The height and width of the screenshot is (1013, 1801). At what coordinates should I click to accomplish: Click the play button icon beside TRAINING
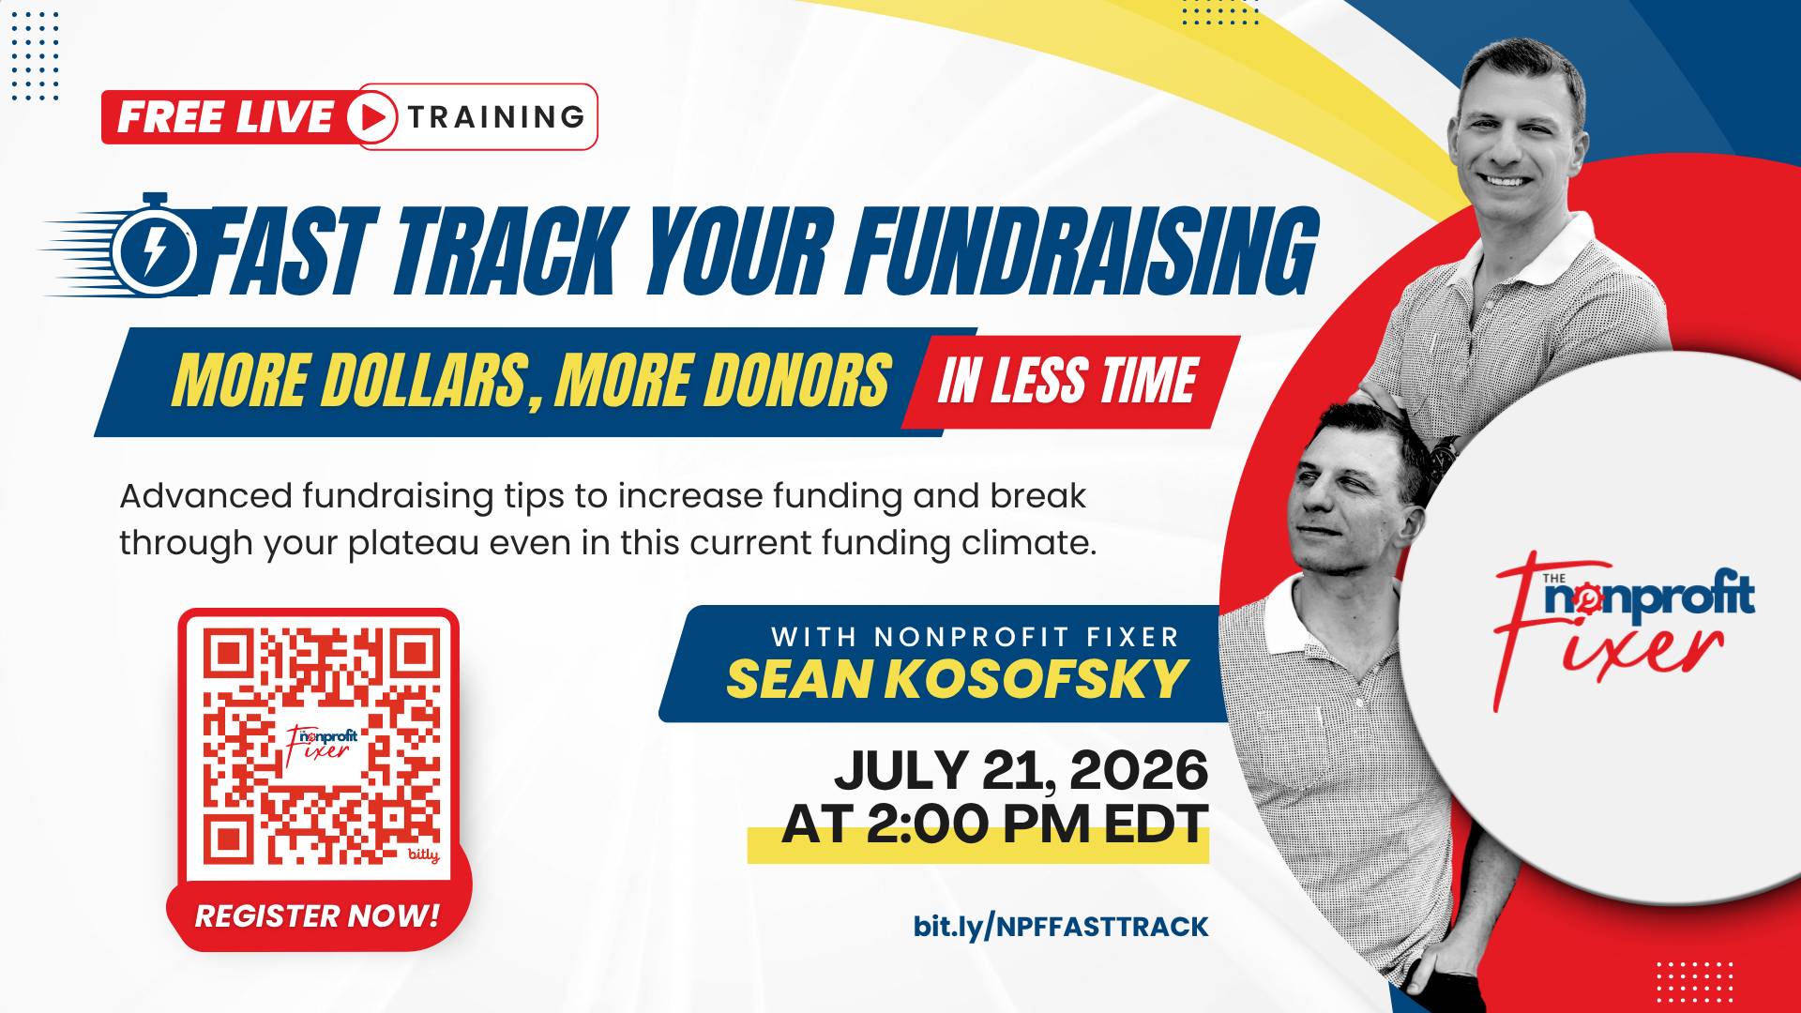(372, 117)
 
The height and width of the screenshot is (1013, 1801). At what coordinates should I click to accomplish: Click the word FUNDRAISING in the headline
(1083, 250)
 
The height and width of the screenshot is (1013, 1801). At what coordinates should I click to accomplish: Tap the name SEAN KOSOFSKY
(958, 679)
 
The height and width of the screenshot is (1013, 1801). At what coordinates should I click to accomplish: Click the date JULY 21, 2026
(1021, 770)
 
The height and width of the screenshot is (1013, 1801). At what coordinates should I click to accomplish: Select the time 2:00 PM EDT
(1037, 824)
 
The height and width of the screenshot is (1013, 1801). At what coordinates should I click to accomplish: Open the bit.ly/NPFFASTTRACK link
(1061, 927)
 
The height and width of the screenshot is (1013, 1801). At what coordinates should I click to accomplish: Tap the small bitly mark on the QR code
(424, 855)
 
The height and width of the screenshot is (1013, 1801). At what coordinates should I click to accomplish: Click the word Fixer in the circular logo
(1623, 647)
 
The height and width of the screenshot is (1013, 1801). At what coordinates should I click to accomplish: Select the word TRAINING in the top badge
(496, 117)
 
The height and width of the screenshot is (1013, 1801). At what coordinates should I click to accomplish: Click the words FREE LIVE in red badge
(225, 117)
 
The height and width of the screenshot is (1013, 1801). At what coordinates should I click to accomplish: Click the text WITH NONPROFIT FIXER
(975, 638)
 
